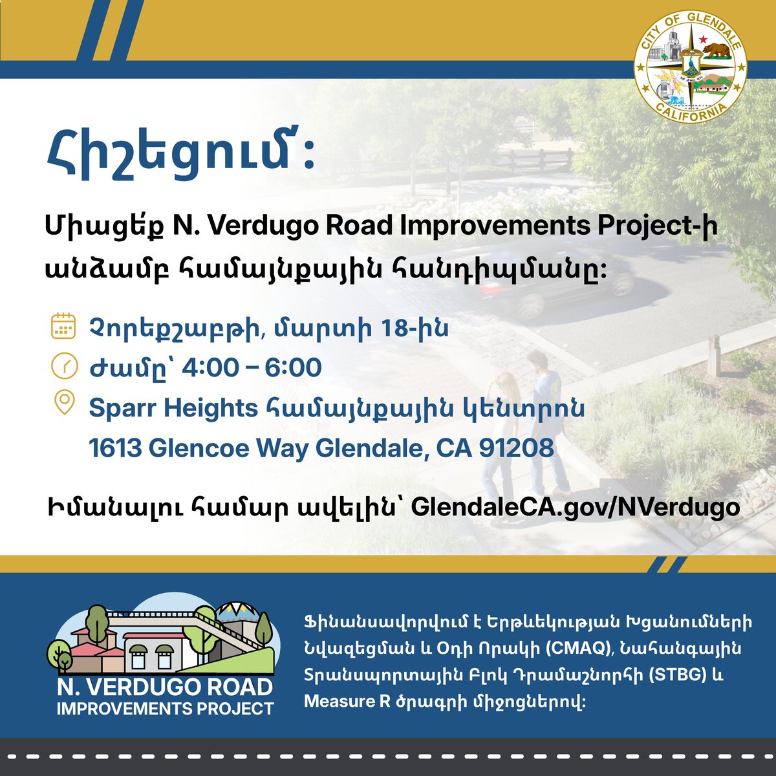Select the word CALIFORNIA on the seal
tap(690, 111)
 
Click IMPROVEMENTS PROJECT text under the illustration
tap(165, 709)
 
